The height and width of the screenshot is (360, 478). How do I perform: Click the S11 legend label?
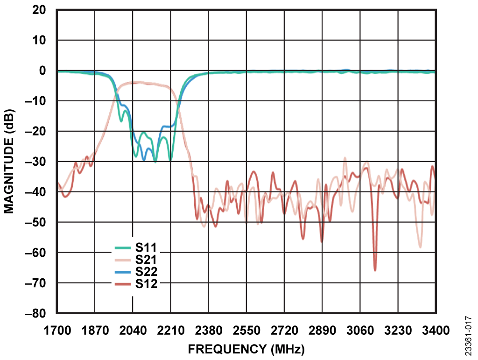(x=146, y=247)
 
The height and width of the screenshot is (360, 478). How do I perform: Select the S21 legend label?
(x=146, y=259)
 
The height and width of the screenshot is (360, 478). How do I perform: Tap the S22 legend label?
(x=146, y=271)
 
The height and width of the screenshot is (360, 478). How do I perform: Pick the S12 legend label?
(x=146, y=283)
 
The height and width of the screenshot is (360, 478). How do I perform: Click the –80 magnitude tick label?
(x=38, y=313)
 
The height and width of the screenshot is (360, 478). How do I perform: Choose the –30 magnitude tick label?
(x=38, y=162)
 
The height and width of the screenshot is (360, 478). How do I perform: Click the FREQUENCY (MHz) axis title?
(x=246, y=349)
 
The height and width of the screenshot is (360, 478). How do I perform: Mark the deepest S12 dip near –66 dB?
(x=375, y=269)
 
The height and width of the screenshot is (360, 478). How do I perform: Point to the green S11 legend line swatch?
(x=123, y=248)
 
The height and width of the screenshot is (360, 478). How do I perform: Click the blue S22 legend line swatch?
(x=123, y=271)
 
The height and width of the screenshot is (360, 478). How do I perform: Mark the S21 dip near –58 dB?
(x=420, y=246)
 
